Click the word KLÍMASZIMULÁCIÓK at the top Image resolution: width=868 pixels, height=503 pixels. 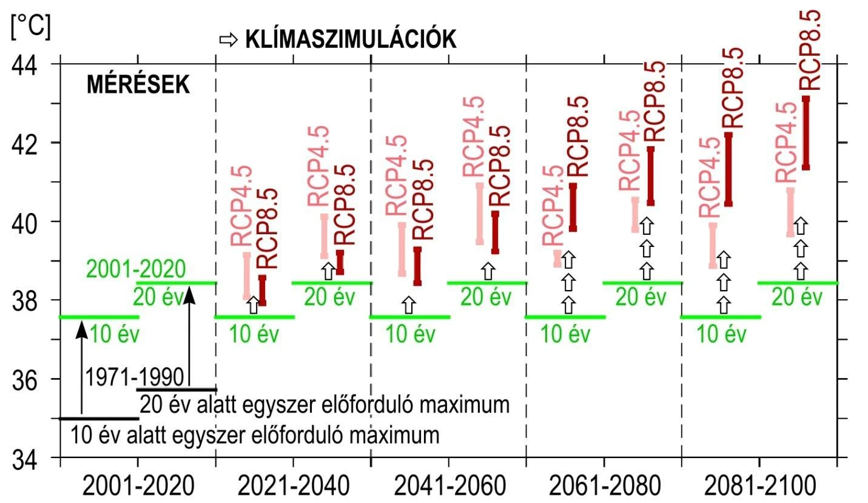tap(350, 40)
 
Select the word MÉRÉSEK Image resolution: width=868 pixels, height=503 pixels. tap(138, 86)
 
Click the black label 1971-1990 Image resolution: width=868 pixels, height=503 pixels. tap(135, 377)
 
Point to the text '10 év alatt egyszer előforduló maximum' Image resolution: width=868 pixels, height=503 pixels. tap(255, 435)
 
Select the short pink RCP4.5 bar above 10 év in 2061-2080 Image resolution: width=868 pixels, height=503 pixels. tap(557, 258)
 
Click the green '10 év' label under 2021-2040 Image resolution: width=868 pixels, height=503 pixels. tap(255, 334)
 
